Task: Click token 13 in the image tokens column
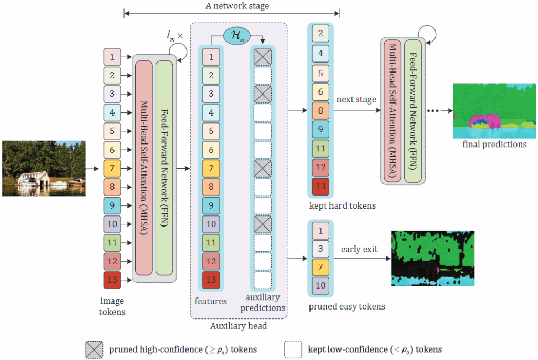(112, 280)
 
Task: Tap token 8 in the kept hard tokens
(320, 111)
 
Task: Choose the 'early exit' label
(359, 249)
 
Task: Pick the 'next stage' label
(356, 99)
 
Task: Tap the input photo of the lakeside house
(44, 168)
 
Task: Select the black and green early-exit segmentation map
(432, 258)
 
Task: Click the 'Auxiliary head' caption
(238, 326)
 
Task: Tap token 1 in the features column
(211, 56)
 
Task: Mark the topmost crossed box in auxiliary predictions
(262, 56)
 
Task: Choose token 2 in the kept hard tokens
(320, 35)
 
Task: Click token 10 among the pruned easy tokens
(320, 285)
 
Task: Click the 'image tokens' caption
(112, 306)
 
